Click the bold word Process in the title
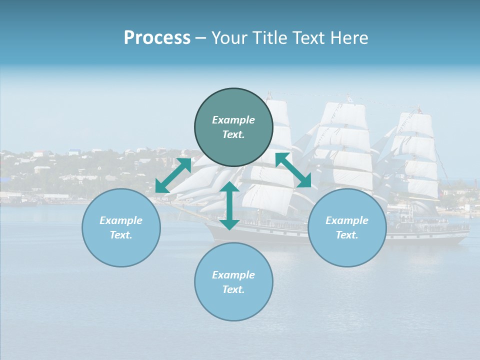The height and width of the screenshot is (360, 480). (x=157, y=38)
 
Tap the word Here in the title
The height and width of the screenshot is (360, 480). (x=349, y=38)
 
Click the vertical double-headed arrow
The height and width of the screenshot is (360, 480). (x=229, y=205)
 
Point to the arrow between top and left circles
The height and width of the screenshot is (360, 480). (x=173, y=175)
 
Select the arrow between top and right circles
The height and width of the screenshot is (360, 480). (x=293, y=170)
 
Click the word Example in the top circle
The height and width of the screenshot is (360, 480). (x=233, y=120)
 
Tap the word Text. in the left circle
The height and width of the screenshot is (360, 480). (x=121, y=235)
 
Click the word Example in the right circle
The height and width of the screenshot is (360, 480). (x=347, y=220)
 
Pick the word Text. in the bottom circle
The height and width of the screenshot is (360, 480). (x=233, y=289)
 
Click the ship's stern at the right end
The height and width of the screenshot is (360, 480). (x=462, y=235)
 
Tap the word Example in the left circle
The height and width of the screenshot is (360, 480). (x=121, y=220)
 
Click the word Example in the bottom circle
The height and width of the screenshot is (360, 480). (x=233, y=275)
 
